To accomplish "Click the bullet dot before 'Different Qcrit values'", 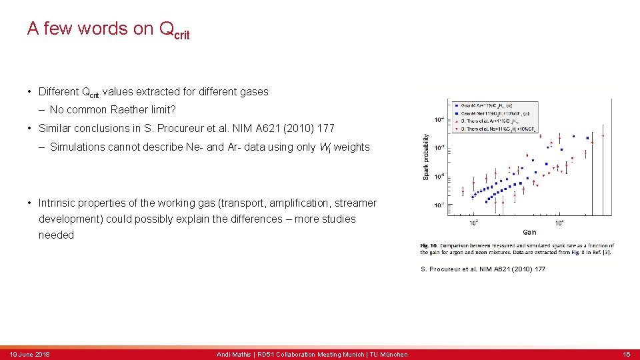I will (30, 92).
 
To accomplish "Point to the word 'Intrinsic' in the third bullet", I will (61, 203).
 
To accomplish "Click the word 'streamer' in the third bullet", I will (355, 203).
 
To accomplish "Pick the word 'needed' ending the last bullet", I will (56, 235).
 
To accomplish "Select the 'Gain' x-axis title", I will (530, 232).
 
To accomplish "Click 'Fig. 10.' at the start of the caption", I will (429, 246).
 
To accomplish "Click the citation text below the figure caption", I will (483, 269).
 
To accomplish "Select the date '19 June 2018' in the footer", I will (29, 354).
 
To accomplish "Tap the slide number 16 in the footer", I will (626, 354).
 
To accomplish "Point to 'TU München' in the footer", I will (390, 354).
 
